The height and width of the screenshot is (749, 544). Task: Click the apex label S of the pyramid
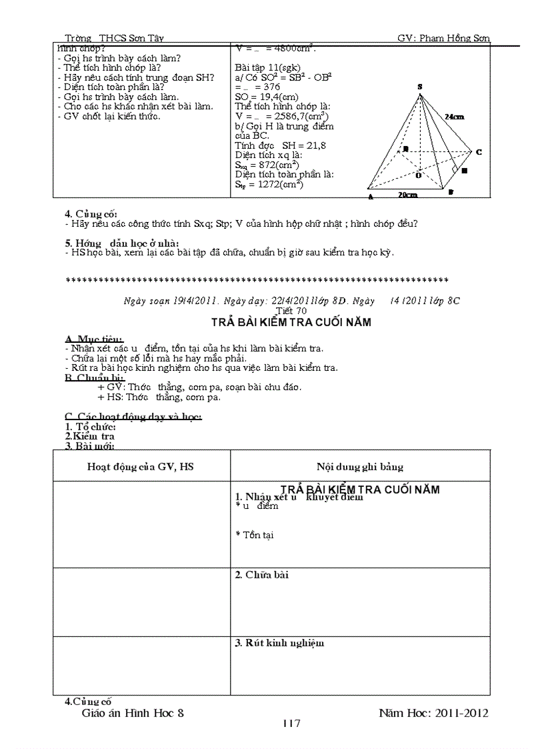pyautogui.click(x=419, y=87)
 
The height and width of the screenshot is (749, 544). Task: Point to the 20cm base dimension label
pyautogui.click(x=409, y=195)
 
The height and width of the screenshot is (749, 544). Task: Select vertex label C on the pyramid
pyautogui.click(x=478, y=152)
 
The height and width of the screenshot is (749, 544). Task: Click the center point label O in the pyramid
pyautogui.click(x=418, y=175)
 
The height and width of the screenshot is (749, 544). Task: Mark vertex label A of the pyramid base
pyautogui.click(x=370, y=197)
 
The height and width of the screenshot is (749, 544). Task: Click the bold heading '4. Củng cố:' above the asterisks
pyautogui.click(x=91, y=213)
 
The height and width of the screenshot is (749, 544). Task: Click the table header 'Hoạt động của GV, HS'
pyautogui.click(x=141, y=467)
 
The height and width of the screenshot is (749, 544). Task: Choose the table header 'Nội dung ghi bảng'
pyautogui.click(x=359, y=467)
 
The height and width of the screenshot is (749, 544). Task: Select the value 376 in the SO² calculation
pyautogui.click(x=271, y=87)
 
